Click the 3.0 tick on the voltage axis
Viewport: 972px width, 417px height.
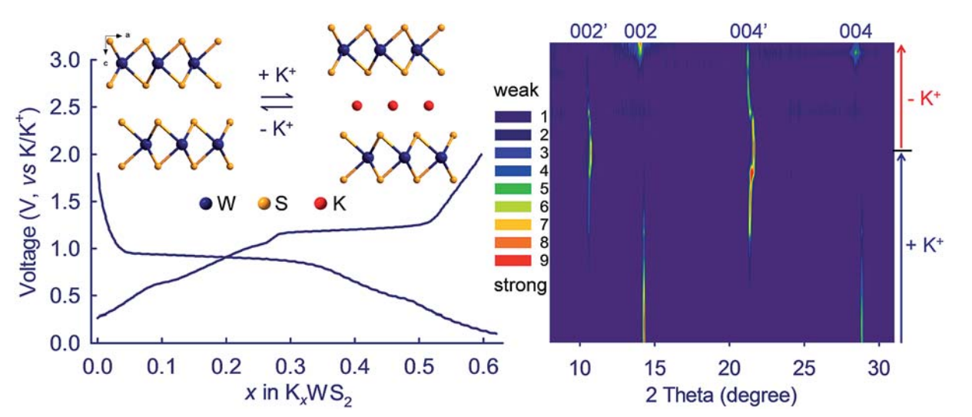coord(67,59)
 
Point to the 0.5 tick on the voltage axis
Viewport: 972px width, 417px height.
coord(67,296)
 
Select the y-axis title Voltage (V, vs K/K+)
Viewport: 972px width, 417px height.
coord(28,201)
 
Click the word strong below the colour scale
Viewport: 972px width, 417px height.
coord(519,286)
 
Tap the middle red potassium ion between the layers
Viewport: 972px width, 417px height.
coord(393,105)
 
